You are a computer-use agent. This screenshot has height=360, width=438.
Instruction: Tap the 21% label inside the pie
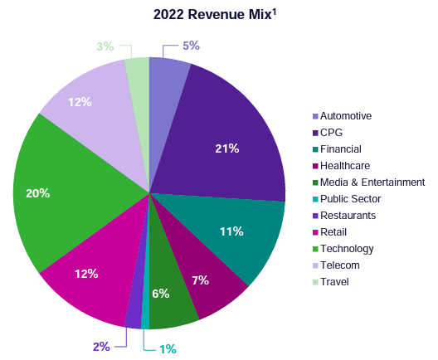[x=227, y=148]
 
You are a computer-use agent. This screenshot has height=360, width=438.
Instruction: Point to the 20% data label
[x=38, y=193]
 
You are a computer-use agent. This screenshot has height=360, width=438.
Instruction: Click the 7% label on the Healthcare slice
[x=200, y=280]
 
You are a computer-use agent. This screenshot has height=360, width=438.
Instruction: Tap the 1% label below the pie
[x=168, y=349]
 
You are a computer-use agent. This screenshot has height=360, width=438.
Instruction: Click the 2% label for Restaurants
[x=101, y=346]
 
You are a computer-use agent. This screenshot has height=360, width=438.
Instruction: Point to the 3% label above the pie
[x=105, y=46]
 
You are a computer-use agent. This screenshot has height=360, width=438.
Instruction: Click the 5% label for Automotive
[x=192, y=46]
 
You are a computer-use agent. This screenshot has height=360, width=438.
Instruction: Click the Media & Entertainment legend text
[x=372, y=182]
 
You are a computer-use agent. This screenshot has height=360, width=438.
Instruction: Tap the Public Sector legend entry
[x=350, y=199]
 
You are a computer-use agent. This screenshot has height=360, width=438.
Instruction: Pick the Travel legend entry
[x=334, y=282]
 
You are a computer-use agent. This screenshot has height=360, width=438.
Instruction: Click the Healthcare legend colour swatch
[x=315, y=166]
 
